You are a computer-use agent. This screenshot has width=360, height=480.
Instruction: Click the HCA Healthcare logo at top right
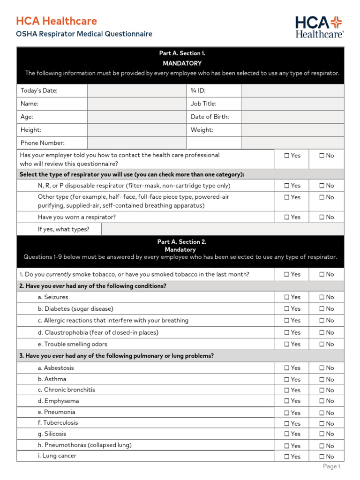click(x=319, y=26)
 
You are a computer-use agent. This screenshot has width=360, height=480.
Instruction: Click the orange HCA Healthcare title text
click(x=57, y=21)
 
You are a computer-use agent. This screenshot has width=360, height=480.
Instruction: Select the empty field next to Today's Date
click(x=137, y=90)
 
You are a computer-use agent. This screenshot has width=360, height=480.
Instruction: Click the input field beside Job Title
click(x=292, y=104)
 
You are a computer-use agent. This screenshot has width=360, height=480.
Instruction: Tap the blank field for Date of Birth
click(x=292, y=117)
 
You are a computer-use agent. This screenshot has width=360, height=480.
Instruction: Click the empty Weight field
click(x=292, y=130)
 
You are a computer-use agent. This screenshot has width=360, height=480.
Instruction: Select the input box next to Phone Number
click(x=137, y=143)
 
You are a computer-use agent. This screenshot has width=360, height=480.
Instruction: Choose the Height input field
click(x=137, y=130)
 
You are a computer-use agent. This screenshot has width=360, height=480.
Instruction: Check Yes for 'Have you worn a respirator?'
click(x=287, y=217)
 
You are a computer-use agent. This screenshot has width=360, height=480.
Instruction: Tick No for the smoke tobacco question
click(x=322, y=274)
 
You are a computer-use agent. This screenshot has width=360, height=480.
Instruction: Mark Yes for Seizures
click(x=287, y=297)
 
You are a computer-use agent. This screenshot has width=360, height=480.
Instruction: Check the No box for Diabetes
click(x=322, y=309)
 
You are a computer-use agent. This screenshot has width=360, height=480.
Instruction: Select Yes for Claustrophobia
click(x=287, y=332)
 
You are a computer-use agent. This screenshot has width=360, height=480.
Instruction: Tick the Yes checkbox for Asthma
click(x=287, y=380)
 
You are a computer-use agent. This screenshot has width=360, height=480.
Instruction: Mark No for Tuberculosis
click(x=322, y=424)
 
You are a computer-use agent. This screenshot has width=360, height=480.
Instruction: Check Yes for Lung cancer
click(x=287, y=457)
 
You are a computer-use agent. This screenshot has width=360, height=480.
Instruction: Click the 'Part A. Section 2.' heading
click(x=181, y=242)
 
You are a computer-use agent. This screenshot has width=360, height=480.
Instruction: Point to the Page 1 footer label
click(x=331, y=466)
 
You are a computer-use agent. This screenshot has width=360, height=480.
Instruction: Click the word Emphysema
click(x=61, y=401)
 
